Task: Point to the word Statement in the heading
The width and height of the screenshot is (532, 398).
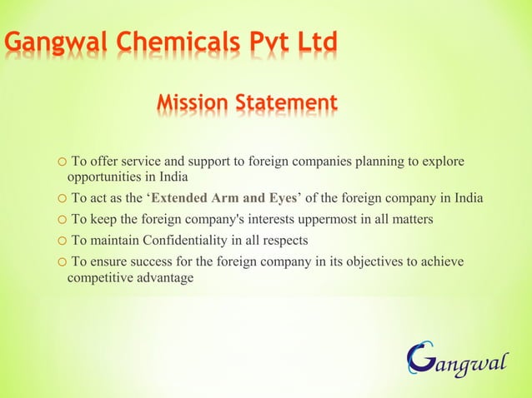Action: (287, 103)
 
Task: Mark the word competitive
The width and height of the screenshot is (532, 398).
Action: (100, 278)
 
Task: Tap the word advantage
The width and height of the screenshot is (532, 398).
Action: (164, 278)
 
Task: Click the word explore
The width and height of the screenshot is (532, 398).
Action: (444, 161)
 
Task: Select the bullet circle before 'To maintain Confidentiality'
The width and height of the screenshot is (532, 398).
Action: (62, 241)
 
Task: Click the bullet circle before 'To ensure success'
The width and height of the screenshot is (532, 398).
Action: (62, 263)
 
